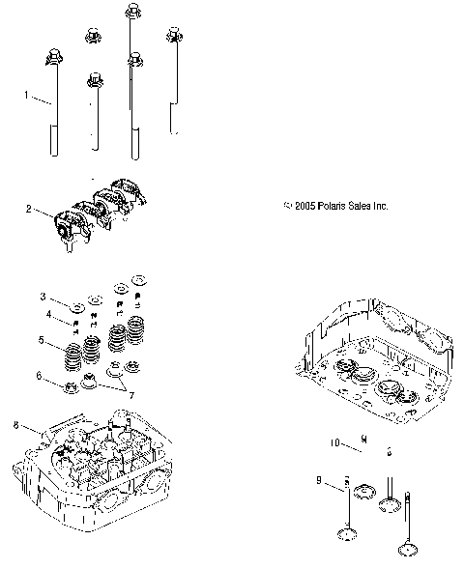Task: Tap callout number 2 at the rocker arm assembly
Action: [x=30, y=208]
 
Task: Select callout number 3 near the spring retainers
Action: [x=43, y=296]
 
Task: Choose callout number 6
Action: [x=40, y=375]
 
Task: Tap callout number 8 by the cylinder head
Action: [x=16, y=424]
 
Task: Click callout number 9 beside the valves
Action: [x=318, y=479]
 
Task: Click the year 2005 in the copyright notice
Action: [x=305, y=206]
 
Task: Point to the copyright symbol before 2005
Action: [x=287, y=206]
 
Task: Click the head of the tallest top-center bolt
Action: [x=130, y=12]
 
